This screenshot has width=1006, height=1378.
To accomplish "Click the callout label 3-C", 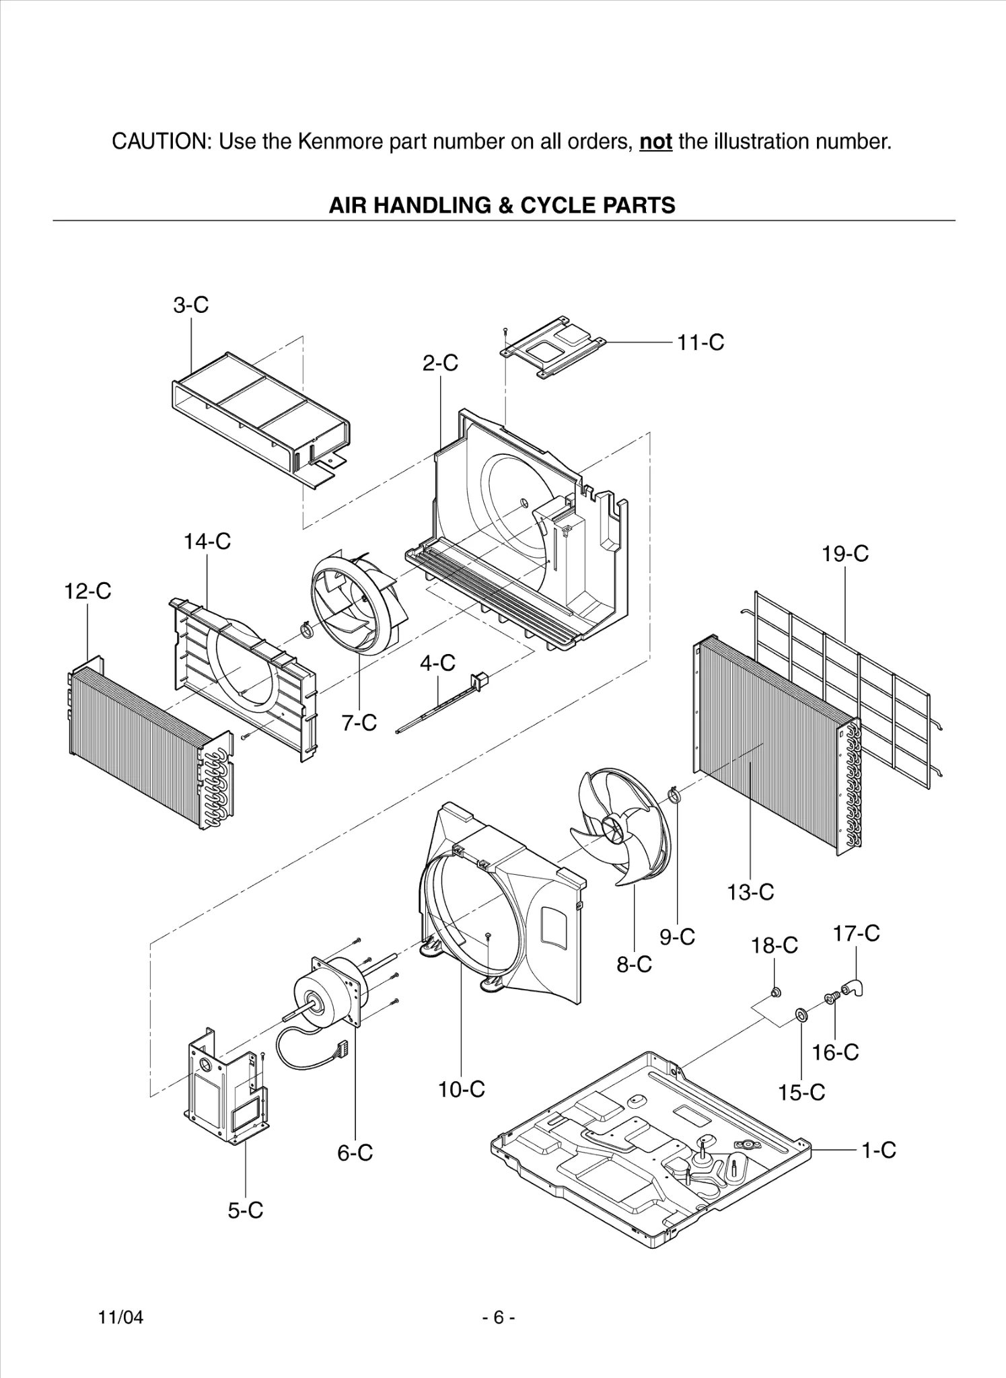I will tap(191, 305).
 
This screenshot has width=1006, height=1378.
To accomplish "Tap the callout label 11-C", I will tap(700, 342).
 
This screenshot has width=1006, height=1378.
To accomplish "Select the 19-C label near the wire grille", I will tap(845, 554).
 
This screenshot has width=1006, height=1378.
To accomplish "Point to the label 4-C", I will tap(437, 663).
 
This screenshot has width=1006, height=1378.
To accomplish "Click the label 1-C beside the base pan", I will tap(879, 1150).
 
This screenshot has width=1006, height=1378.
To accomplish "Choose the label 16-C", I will tap(835, 1052).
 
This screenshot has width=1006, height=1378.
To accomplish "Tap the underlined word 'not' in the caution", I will tap(655, 142).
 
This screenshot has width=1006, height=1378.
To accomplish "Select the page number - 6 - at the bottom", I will tap(499, 1317).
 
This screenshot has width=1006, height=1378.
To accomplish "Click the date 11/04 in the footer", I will tap(121, 1317).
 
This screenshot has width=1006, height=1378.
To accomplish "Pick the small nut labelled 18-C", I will tap(775, 991).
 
